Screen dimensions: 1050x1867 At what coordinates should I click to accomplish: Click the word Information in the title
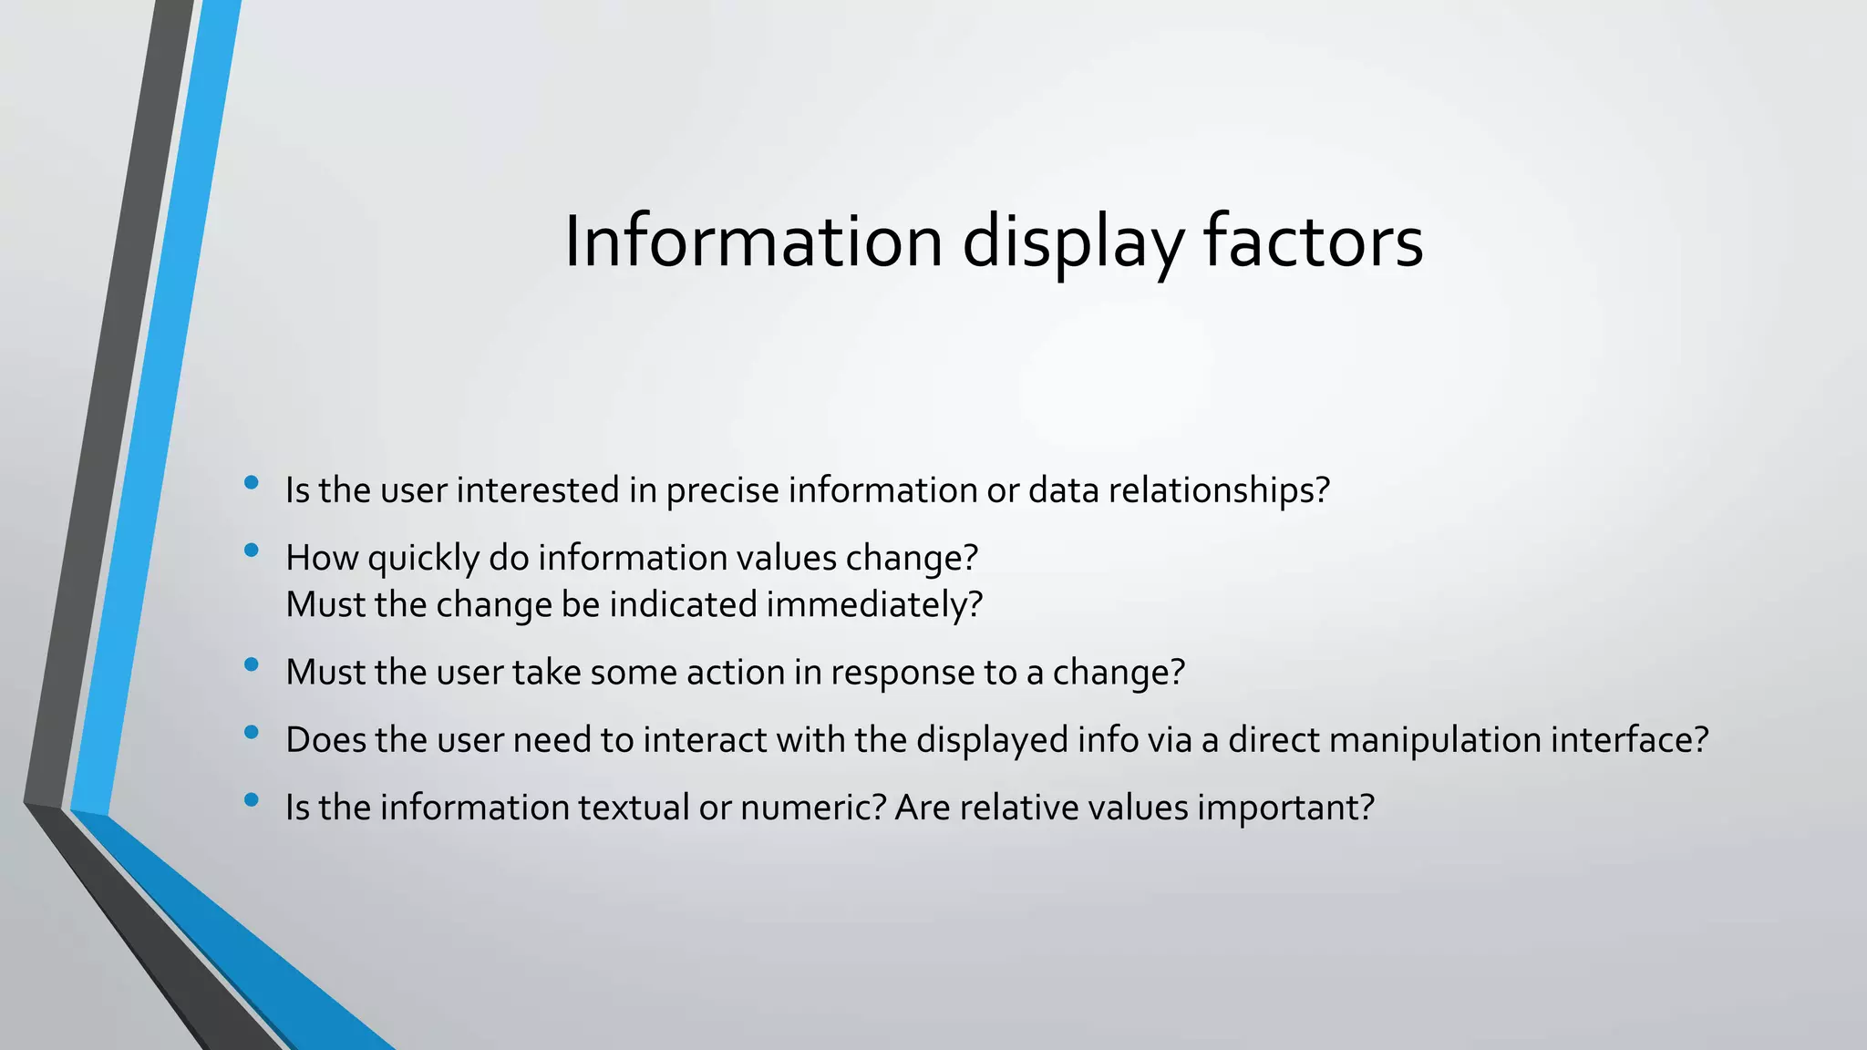(753, 242)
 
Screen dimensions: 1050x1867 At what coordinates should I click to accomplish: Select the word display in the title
(1073, 242)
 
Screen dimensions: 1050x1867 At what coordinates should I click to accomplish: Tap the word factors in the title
(1313, 242)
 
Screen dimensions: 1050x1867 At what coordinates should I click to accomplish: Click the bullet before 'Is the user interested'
(252, 483)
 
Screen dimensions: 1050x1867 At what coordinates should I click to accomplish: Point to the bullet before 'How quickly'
(252, 551)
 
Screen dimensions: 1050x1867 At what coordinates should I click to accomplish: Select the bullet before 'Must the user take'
(252, 665)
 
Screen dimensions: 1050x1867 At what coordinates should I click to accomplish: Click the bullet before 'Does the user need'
(252, 733)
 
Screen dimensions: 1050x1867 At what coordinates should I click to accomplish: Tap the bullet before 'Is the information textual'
(252, 800)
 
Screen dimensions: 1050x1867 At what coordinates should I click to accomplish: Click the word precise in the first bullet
(722, 490)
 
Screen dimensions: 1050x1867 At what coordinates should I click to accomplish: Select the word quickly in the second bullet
(423, 558)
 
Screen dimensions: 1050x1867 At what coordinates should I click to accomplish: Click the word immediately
(873, 605)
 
